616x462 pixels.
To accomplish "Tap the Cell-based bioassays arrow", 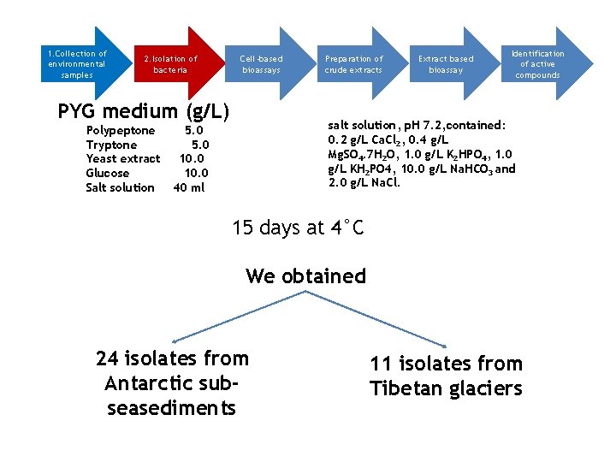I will [x=261, y=64].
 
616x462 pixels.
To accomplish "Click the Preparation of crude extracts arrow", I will [x=353, y=64].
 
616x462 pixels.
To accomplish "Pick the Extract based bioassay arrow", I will [x=445, y=64].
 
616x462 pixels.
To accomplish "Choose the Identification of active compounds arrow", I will [x=537, y=64].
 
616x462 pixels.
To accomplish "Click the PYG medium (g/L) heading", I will [x=144, y=111].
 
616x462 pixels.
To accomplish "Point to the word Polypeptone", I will [x=121, y=131].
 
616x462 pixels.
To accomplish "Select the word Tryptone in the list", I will [x=111, y=145].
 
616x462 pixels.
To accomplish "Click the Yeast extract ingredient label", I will [x=123, y=159].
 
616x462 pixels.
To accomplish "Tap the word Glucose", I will [x=108, y=174].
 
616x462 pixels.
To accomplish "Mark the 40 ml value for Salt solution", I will [x=189, y=188].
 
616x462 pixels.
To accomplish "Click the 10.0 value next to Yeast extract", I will [x=192, y=159].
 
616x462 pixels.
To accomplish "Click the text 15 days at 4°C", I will [x=298, y=228].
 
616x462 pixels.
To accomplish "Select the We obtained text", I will [x=305, y=276].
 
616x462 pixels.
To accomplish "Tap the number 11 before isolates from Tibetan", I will [x=380, y=364].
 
